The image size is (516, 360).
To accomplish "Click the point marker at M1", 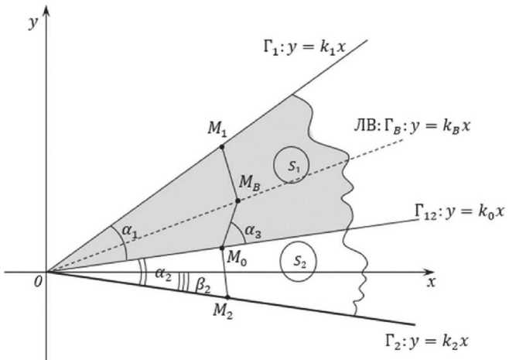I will pyautogui.click(x=222, y=146).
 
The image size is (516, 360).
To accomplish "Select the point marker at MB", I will pyautogui.click(x=237, y=201).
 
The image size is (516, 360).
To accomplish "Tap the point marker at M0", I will pyautogui.click(x=223, y=248).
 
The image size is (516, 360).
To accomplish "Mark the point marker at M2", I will pyautogui.click(x=226, y=297).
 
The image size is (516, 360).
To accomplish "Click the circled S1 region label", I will pyautogui.click(x=290, y=165).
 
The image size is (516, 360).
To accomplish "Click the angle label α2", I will pyautogui.click(x=163, y=274).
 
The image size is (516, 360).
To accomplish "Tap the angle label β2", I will pyautogui.click(x=203, y=284).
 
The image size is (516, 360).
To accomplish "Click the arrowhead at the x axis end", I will pyautogui.click(x=432, y=273).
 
